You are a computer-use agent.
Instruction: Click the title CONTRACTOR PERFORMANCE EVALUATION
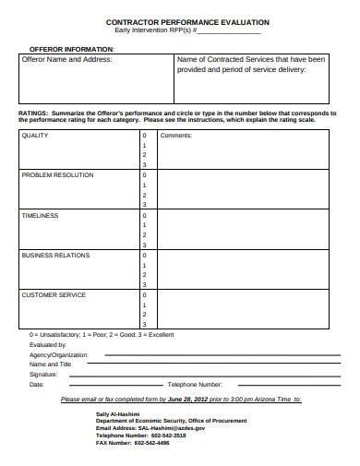click(x=187, y=20)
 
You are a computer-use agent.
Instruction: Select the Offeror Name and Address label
click(x=66, y=59)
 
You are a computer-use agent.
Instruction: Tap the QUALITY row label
click(x=35, y=135)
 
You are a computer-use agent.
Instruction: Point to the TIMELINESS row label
click(x=40, y=215)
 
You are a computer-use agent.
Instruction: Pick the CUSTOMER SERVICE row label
click(x=54, y=295)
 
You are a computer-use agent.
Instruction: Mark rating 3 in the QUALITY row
click(x=144, y=165)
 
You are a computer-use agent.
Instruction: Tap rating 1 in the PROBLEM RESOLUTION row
click(x=144, y=185)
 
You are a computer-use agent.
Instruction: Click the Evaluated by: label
click(x=49, y=344)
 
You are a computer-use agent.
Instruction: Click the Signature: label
click(x=44, y=375)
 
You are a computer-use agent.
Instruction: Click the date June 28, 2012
click(x=189, y=400)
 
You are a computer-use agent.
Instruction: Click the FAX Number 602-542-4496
click(x=152, y=444)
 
